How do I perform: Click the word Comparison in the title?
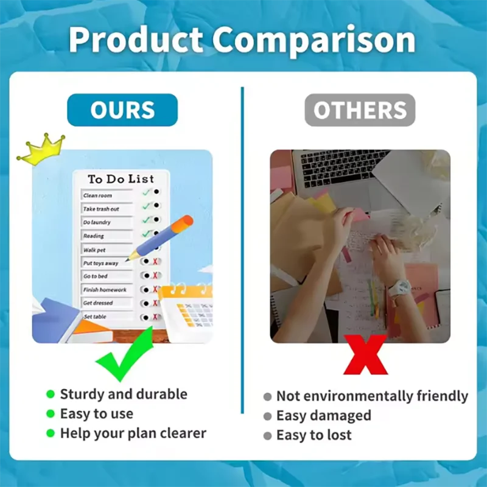click(314, 40)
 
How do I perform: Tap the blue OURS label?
click(122, 110)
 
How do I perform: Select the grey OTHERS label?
click(360, 110)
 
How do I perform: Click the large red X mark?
click(365, 354)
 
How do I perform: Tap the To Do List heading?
click(121, 179)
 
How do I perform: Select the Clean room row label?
click(99, 195)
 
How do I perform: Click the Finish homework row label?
click(105, 290)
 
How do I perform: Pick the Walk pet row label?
click(95, 250)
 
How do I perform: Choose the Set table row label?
click(96, 317)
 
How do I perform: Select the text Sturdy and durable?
click(124, 394)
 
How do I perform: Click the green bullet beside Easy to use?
click(51, 414)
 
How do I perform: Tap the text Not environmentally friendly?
click(372, 396)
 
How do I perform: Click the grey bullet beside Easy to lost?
click(267, 436)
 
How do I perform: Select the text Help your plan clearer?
click(133, 433)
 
